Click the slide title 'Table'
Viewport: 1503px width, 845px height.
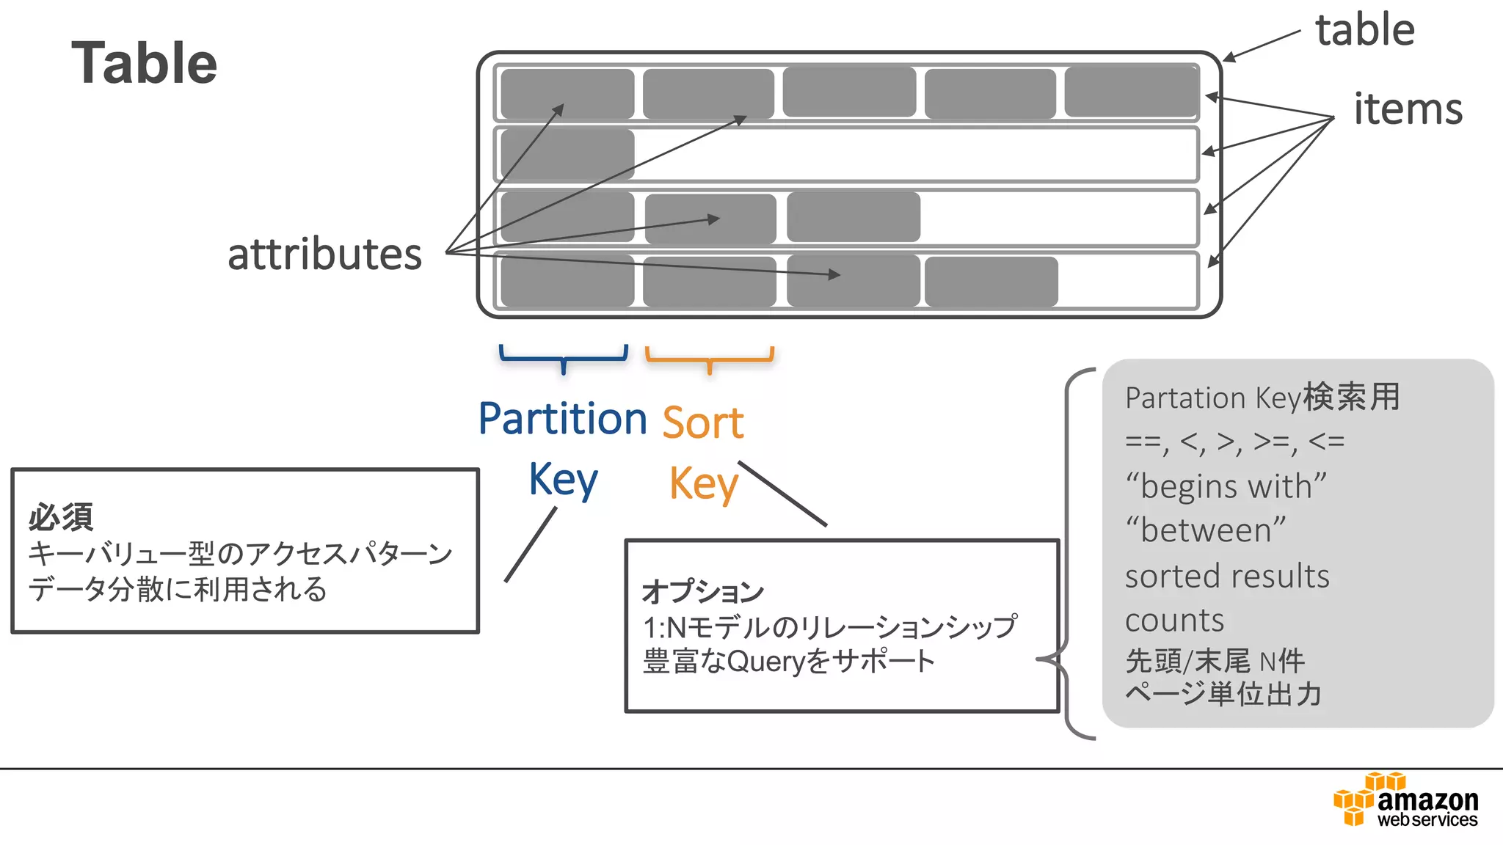(145, 63)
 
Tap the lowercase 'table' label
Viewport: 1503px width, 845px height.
(1365, 30)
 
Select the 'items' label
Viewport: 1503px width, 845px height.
(1408, 109)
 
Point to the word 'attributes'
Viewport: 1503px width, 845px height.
(324, 255)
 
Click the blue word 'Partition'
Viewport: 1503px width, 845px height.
(562, 419)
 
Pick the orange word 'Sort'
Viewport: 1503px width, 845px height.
(703, 422)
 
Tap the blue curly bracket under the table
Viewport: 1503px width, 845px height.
(564, 357)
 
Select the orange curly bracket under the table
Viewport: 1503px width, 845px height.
(709, 357)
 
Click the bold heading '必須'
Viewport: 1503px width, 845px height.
(61, 517)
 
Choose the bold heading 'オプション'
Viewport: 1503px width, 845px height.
(702, 591)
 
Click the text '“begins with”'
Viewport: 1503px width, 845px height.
(1226, 486)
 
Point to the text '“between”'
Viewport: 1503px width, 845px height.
(1205, 530)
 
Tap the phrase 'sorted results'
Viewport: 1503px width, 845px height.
(1227, 577)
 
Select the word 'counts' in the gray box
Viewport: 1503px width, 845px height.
(1174, 621)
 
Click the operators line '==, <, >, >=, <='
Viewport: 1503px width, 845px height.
(1234, 442)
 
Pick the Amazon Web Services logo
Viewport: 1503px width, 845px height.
(1405, 800)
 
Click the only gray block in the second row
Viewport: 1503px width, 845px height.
(567, 154)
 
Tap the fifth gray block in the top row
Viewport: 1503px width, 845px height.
(1131, 92)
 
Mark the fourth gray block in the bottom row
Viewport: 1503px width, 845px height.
(991, 281)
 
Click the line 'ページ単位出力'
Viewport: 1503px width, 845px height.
(1223, 693)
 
